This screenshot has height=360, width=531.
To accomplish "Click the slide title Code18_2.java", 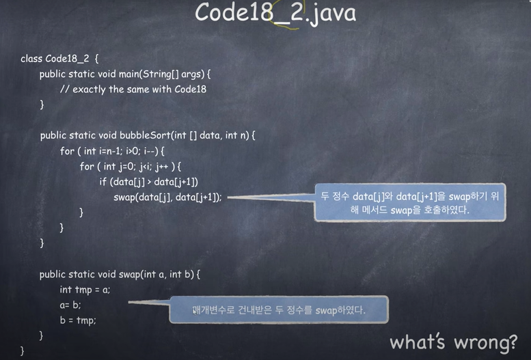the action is tap(275, 13).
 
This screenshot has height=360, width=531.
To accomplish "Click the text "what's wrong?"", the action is tap(453, 341).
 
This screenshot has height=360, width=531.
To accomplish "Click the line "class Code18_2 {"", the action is tap(64, 59).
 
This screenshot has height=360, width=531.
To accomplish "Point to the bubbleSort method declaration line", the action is tap(147, 135).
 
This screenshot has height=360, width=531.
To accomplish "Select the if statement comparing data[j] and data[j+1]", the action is tap(148, 182).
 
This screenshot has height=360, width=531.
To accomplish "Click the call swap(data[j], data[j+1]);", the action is tap(167, 197).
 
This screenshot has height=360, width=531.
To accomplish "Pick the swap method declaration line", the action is tap(119, 274).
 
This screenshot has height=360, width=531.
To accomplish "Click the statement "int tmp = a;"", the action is tap(85, 290).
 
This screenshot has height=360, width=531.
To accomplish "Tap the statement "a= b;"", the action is tap(70, 305).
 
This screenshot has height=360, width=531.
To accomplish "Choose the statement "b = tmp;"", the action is tap(78, 320).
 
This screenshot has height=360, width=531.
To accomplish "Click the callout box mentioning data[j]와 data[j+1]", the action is tap(410, 202).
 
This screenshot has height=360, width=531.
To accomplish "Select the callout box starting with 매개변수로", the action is tap(278, 310).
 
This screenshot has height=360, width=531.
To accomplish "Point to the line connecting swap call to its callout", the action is tap(271, 197).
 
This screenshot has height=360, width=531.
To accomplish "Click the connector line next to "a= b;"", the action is tap(148, 301).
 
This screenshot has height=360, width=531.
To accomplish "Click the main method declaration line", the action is tap(124, 74).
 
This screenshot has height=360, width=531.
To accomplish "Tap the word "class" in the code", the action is tap(31, 59).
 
